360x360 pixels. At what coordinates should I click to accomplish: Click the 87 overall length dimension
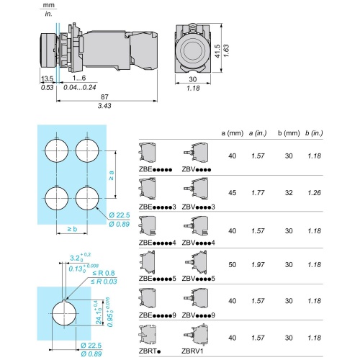(x=104, y=96)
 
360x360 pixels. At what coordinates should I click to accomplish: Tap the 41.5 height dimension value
(x=217, y=51)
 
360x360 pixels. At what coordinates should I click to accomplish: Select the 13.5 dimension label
(x=47, y=78)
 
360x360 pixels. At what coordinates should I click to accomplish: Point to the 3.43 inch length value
(x=104, y=106)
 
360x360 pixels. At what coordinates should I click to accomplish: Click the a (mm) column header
(x=233, y=133)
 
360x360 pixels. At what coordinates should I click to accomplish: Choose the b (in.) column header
(x=314, y=133)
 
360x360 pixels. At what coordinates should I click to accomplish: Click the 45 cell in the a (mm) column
(x=233, y=193)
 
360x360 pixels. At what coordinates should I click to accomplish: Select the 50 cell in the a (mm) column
(x=233, y=265)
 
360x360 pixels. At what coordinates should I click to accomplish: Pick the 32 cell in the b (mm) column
(x=289, y=193)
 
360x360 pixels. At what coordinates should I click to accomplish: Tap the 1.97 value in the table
(x=258, y=265)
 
